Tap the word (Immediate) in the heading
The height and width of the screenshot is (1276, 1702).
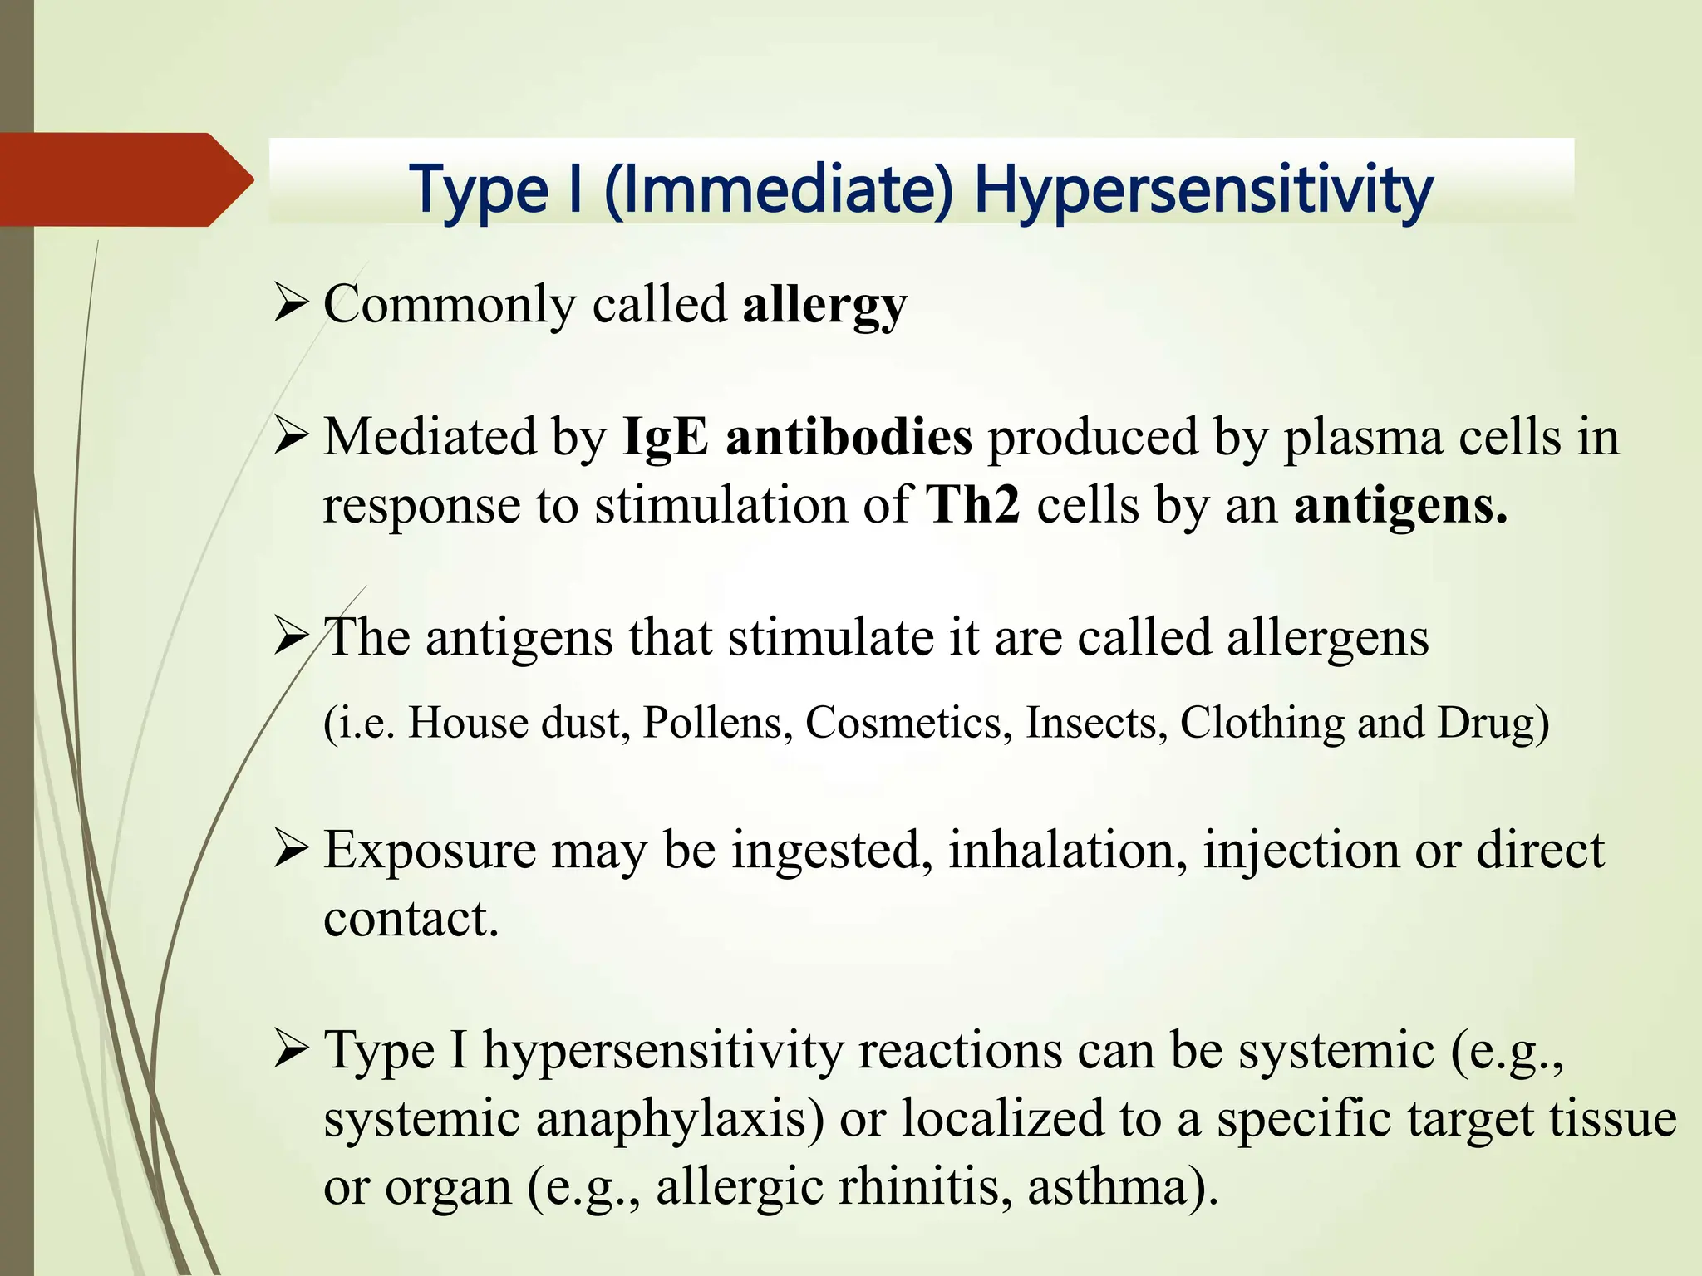779,189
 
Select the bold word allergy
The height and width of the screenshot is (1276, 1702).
824,306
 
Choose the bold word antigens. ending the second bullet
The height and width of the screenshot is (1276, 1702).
1400,505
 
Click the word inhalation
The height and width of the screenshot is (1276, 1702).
1068,851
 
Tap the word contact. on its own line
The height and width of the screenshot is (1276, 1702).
411,919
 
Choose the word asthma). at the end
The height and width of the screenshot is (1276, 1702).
1123,1187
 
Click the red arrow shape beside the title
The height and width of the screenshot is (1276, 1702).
125,179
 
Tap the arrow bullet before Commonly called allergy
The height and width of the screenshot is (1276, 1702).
291,305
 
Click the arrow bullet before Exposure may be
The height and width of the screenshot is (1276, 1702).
291,851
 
